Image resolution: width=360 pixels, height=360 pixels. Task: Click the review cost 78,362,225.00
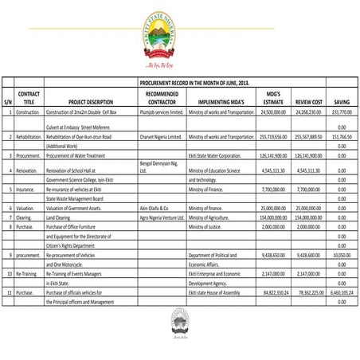(x=307, y=292)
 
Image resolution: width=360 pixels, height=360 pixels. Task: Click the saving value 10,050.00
(x=340, y=255)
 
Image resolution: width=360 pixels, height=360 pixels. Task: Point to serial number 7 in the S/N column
(x=7, y=217)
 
